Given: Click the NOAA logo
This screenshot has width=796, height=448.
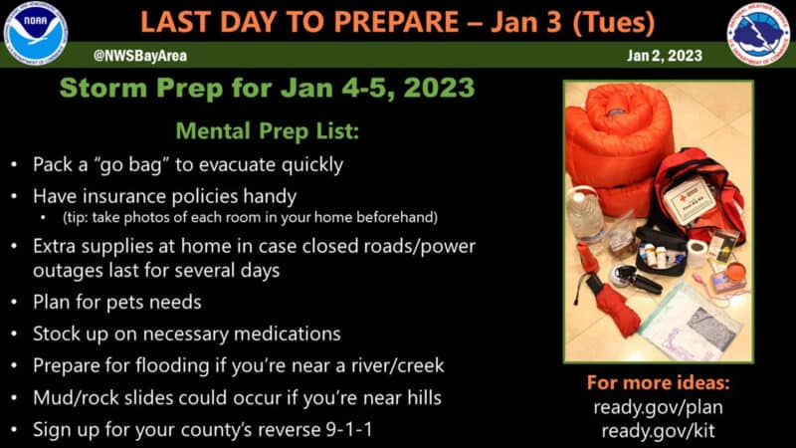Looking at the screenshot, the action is pyautogui.click(x=35, y=34).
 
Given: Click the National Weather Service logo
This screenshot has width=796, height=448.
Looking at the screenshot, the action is pyautogui.click(x=758, y=34).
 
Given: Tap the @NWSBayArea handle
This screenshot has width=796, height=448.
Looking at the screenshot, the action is pyautogui.click(x=140, y=56).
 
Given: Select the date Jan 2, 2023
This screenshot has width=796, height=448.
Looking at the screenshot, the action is pyautogui.click(x=665, y=56).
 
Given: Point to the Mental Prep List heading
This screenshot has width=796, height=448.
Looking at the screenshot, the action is pyautogui.click(x=268, y=131).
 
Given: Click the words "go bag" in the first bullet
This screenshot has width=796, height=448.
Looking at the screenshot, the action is pyautogui.click(x=130, y=165).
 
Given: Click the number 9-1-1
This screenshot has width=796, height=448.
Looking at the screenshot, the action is pyautogui.click(x=349, y=429).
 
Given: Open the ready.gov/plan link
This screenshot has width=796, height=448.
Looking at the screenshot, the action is pyautogui.click(x=659, y=407).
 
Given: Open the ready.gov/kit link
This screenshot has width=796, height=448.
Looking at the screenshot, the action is pyautogui.click(x=659, y=431).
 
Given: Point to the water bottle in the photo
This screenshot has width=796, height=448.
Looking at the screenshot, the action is pyautogui.click(x=585, y=213).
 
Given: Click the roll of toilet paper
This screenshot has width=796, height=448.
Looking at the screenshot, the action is pyautogui.click(x=696, y=253).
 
